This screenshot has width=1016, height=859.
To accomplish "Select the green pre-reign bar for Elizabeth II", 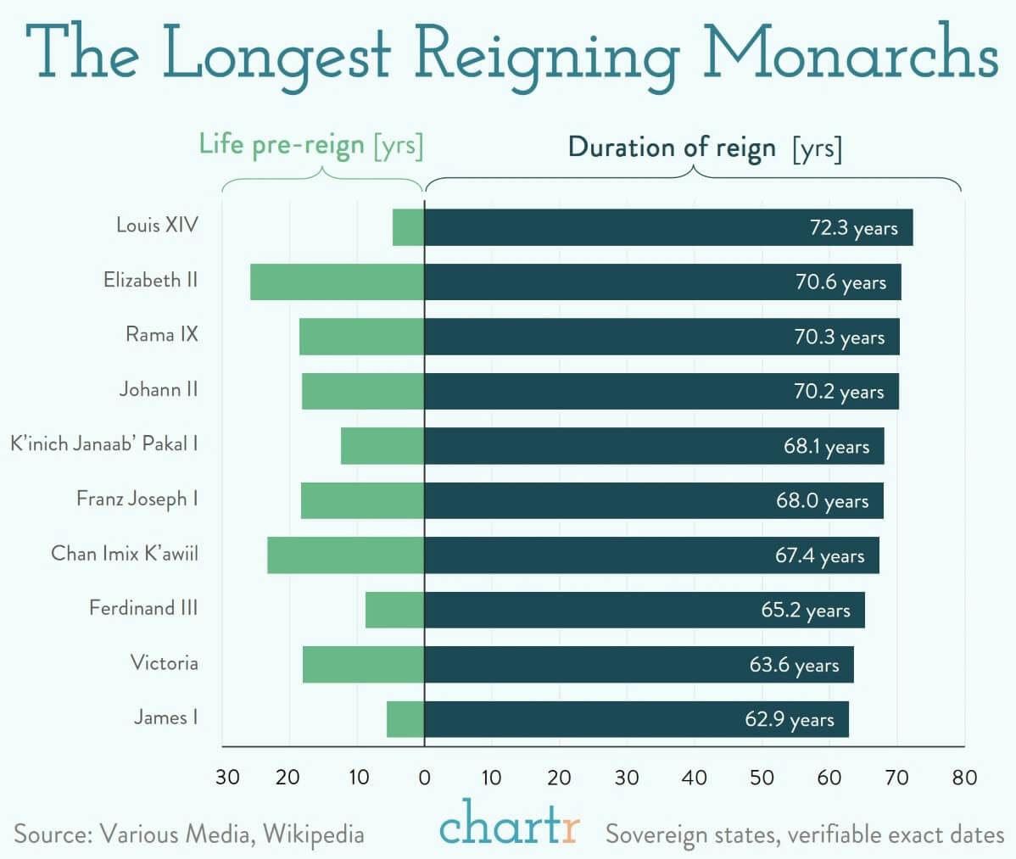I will click(337, 282).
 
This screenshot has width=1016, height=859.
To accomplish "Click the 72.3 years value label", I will click(853, 228).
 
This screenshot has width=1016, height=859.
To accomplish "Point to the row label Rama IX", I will click(161, 334).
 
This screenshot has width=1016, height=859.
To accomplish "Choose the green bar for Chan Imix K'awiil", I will click(345, 555).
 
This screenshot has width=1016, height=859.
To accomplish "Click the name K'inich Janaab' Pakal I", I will click(103, 443).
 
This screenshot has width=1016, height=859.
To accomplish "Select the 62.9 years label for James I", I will click(789, 720).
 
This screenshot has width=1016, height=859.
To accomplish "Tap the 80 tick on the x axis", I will click(964, 778).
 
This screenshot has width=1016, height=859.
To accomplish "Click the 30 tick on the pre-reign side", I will click(227, 778).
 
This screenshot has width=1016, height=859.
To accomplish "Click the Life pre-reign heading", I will click(310, 145).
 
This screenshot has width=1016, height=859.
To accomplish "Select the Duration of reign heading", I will click(704, 148).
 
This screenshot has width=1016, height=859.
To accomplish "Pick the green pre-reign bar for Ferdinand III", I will click(394, 610).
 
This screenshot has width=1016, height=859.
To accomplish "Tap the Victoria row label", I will click(164, 662).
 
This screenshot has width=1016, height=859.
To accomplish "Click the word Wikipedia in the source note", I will click(313, 834).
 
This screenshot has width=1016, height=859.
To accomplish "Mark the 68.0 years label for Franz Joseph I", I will click(822, 501).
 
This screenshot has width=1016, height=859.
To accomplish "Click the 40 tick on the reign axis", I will click(694, 778).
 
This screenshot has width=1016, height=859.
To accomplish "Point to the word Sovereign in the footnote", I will click(659, 834).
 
